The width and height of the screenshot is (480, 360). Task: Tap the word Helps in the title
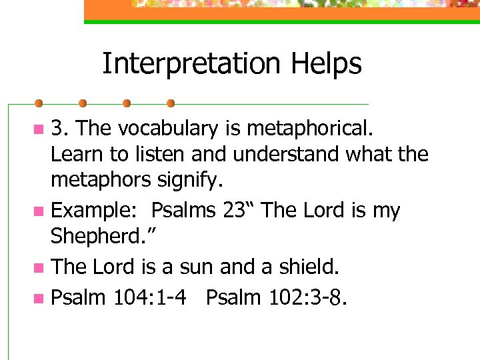click(x=327, y=64)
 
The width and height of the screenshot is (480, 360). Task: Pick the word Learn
click(x=77, y=154)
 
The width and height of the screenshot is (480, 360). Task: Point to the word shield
click(x=309, y=267)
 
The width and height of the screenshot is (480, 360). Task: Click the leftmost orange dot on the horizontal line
click(x=39, y=103)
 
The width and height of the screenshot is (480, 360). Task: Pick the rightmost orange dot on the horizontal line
click(x=170, y=103)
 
